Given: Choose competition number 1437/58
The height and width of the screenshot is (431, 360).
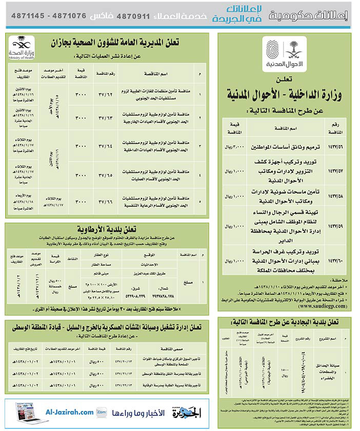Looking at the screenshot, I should click(x=335, y=195).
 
